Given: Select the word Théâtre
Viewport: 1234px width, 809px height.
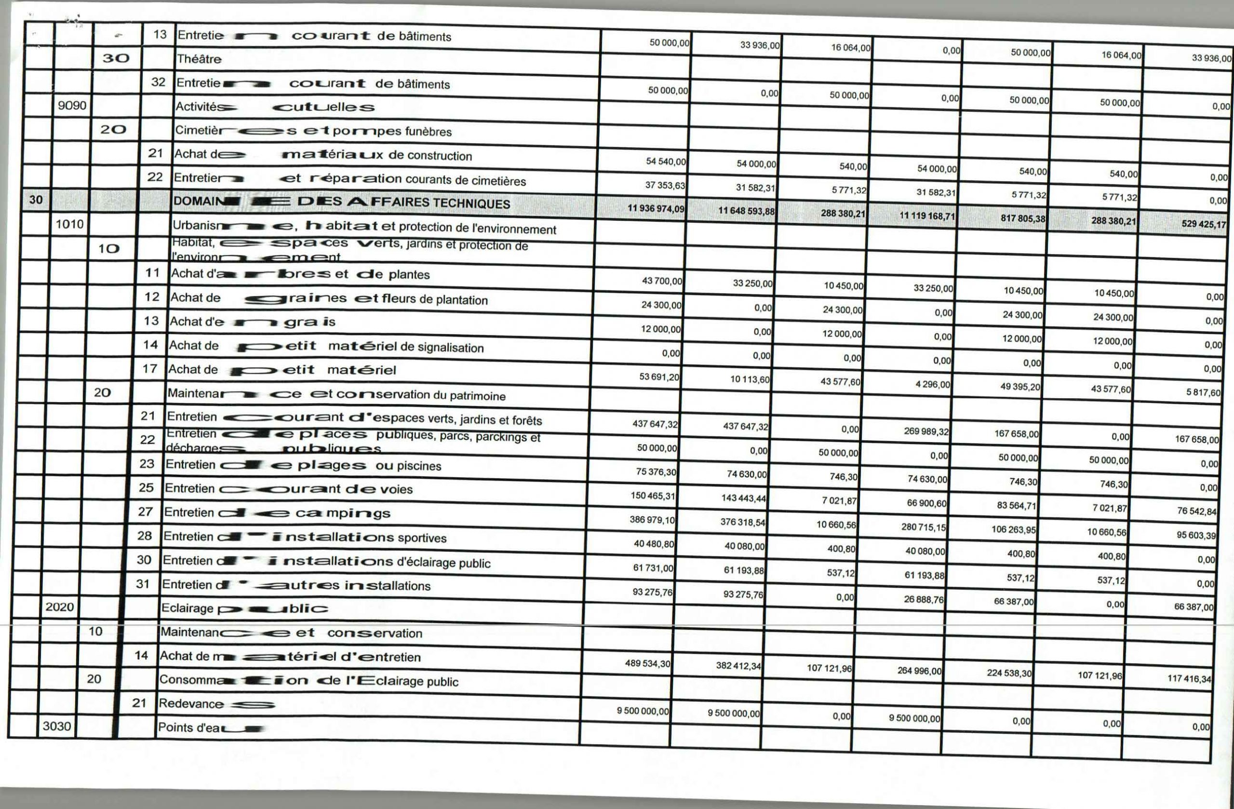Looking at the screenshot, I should click(x=199, y=59).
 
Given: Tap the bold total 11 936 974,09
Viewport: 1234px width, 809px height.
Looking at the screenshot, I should click(x=656, y=208).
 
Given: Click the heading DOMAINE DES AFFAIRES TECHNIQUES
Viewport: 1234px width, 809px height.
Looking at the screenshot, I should click(x=341, y=202).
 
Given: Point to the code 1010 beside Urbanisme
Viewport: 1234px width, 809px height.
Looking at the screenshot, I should click(x=69, y=225).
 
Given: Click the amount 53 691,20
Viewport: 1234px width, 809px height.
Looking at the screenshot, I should click(x=659, y=377).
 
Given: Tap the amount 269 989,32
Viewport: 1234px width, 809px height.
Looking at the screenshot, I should click(x=926, y=432).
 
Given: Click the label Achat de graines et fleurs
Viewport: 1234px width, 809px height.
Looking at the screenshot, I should click(x=329, y=299).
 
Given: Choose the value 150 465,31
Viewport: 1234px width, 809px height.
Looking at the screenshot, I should click(x=653, y=496).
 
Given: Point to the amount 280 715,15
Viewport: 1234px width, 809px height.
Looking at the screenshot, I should click(x=924, y=527).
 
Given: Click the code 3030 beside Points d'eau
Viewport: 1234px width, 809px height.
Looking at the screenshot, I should click(x=56, y=726).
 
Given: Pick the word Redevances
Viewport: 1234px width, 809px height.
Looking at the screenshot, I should click(x=217, y=704).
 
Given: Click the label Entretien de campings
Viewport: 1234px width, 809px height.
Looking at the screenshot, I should click(x=277, y=513).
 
